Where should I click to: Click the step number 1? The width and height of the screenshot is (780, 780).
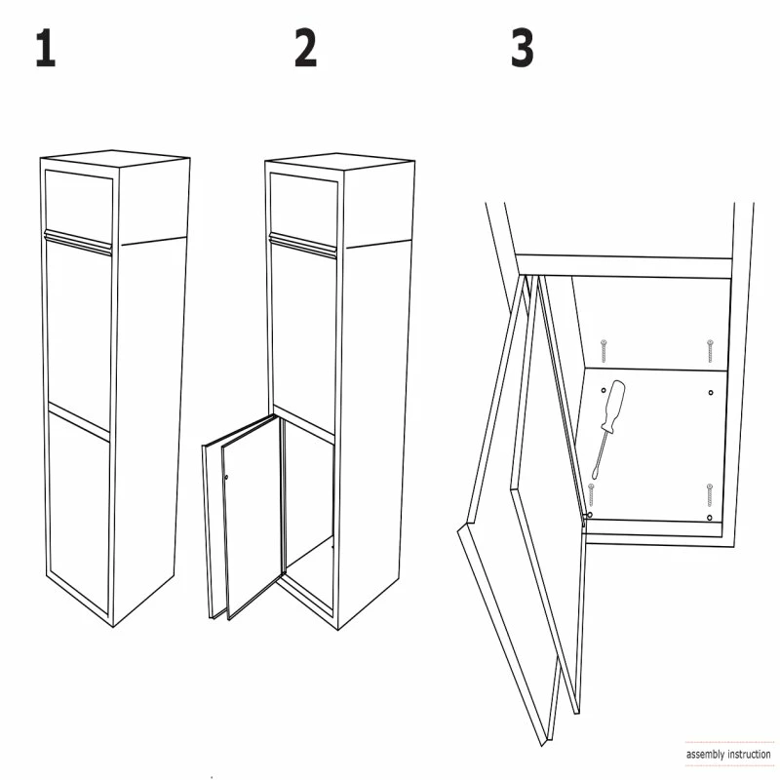(46, 48)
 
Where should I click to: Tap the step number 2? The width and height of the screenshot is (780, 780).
(305, 48)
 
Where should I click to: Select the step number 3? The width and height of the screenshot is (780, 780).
(523, 48)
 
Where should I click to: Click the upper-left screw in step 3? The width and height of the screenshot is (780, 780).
(604, 351)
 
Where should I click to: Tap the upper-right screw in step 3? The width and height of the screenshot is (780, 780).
(710, 351)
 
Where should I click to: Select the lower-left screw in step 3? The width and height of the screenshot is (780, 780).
(592, 494)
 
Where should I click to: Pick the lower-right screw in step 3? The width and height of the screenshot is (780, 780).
(710, 494)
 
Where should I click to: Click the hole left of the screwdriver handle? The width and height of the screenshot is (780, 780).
(604, 391)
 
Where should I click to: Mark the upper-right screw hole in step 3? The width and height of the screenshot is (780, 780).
(711, 393)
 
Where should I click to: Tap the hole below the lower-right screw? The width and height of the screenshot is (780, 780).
(710, 518)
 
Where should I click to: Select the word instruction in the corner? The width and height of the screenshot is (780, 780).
(749, 754)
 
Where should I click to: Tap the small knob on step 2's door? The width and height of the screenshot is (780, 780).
(226, 478)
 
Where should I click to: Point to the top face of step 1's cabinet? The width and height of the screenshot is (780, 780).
(115, 158)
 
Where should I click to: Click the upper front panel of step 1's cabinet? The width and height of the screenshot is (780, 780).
(79, 204)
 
